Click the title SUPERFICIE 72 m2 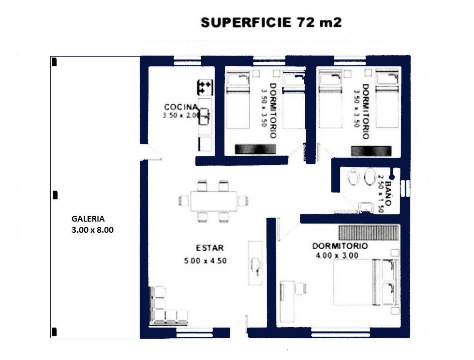point(271,22)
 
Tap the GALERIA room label point(88,219)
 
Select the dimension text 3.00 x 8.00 point(92,230)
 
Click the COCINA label point(181,107)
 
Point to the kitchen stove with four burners point(205,88)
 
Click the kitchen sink point(204,117)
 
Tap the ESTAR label point(210,248)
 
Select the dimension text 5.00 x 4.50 point(205,261)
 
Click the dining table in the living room point(213,201)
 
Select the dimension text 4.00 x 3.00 point(337,255)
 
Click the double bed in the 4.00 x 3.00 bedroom point(366,282)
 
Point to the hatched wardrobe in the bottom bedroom point(369,232)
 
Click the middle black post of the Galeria point(55,195)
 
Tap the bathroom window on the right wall point(405,188)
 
